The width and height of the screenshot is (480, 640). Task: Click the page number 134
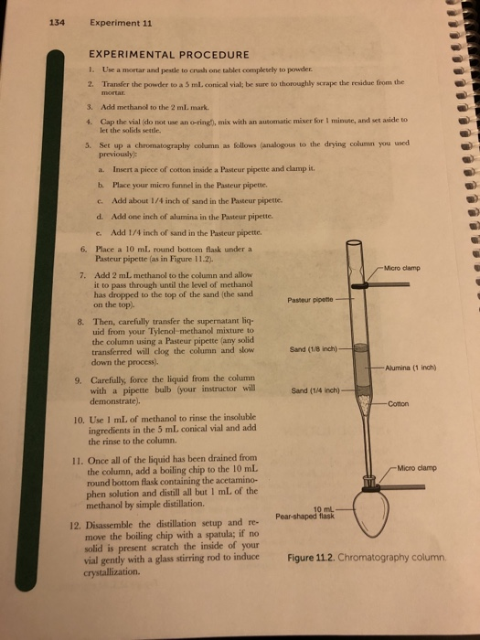[x=57, y=23]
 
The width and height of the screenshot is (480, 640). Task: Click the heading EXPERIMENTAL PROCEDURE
[x=169, y=54]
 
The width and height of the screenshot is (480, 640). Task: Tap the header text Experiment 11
[x=121, y=23]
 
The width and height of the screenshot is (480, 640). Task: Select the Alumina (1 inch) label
[x=411, y=368]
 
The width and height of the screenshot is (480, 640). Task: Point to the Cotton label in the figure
[x=398, y=404]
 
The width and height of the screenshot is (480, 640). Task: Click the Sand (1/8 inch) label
[x=314, y=349]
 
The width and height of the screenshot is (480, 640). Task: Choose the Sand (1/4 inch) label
[x=315, y=390]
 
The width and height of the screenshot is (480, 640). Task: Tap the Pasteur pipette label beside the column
[x=310, y=300]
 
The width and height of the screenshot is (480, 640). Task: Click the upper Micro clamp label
[x=402, y=268]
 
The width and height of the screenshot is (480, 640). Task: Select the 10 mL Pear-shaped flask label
[x=304, y=513]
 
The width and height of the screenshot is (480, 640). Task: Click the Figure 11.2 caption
[x=367, y=558]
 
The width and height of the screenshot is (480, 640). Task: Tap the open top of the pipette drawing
[x=354, y=243]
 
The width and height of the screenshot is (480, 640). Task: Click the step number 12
[x=76, y=525]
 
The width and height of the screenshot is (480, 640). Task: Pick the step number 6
[x=83, y=250]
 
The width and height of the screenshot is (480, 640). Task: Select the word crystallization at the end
[x=112, y=571]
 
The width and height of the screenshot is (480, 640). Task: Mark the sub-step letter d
[x=100, y=216]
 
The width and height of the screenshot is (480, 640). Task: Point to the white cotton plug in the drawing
[x=364, y=403]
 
